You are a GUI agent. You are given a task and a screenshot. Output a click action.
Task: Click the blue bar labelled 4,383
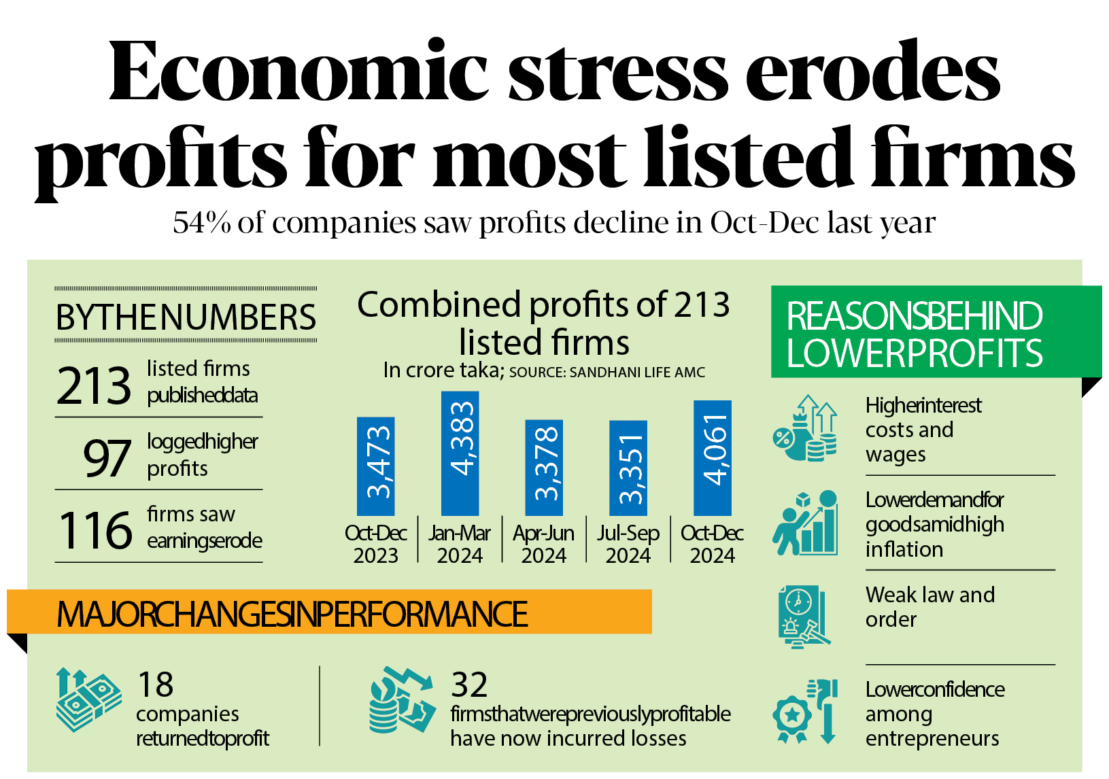click(460, 453)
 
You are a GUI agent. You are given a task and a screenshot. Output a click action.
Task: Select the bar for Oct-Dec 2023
click(375, 466)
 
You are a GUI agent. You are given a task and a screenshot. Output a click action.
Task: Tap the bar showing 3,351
click(628, 468)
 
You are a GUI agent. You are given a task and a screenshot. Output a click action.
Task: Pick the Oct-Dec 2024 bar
click(712, 457)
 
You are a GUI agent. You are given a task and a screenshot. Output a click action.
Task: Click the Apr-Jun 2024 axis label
click(543, 544)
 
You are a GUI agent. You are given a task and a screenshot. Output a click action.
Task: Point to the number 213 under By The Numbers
click(94, 385)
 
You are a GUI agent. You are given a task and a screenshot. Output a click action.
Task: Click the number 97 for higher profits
click(106, 458)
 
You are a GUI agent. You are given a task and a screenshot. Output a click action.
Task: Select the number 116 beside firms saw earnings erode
click(95, 530)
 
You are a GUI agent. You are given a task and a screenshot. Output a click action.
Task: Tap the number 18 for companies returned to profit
click(155, 684)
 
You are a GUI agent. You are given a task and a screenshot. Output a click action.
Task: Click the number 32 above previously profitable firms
click(469, 684)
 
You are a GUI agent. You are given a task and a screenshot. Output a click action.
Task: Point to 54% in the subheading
click(202, 223)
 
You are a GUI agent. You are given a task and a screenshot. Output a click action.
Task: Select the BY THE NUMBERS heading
click(186, 317)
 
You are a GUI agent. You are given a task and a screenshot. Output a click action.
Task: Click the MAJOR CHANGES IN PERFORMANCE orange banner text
click(292, 614)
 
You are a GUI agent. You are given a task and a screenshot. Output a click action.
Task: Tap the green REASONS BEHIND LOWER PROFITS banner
click(914, 333)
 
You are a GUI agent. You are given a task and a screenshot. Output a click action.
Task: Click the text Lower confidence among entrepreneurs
click(934, 714)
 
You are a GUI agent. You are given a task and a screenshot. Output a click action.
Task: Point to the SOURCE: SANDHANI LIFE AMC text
click(607, 373)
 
